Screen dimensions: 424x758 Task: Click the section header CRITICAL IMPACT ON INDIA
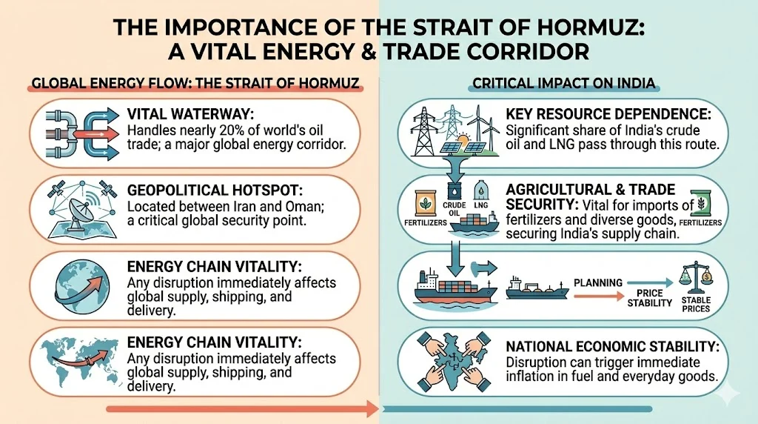click(x=564, y=84)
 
